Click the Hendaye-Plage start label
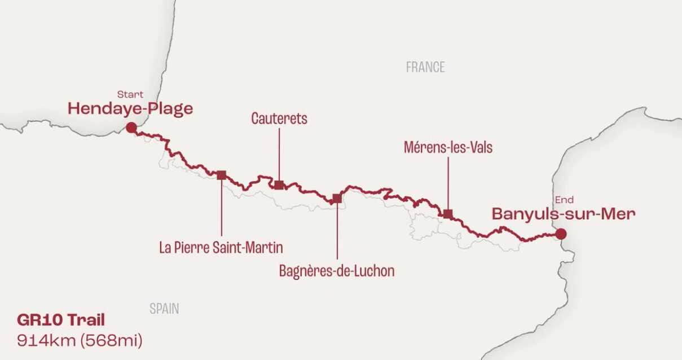tap(130, 108)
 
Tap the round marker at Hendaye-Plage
tap(131, 128)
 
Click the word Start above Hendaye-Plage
tap(130, 94)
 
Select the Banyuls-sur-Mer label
tap(564, 214)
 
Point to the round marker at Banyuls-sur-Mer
tap(560, 234)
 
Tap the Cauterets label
tap(279, 118)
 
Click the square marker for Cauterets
tap(279, 185)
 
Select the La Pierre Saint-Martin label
tap(221, 248)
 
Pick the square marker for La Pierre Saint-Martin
tap(221, 175)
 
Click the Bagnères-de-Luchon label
tap(337, 271)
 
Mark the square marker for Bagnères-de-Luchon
tap(337, 198)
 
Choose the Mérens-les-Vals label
tap(448, 148)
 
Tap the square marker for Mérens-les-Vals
tap(448, 214)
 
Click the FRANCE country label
tap(425, 67)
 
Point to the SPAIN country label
tap(164, 309)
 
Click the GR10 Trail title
tap(61, 321)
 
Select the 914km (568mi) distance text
tap(80, 340)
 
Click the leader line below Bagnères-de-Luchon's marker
tap(337, 231)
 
